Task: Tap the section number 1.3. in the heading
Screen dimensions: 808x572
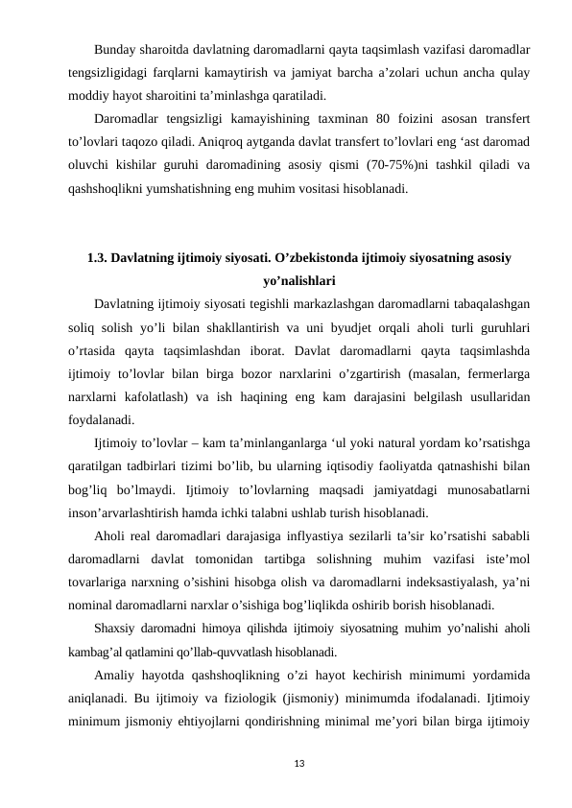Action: (98, 258)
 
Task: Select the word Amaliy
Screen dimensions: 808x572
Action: (116, 673)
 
